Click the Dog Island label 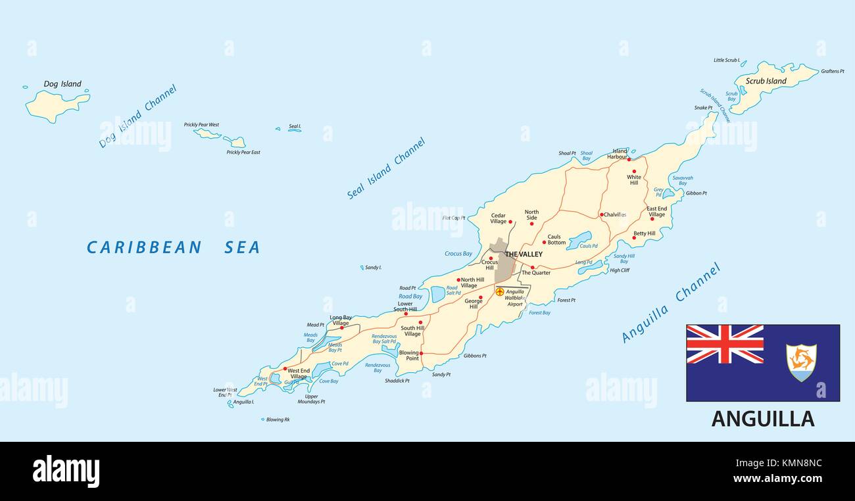(x=62, y=84)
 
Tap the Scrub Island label (x=766, y=82)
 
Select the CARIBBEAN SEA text (x=174, y=248)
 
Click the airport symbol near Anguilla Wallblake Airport (x=500, y=291)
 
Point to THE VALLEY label (x=524, y=254)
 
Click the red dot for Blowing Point (x=421, y=353)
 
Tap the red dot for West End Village (x=285, y=369)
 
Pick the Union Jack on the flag (x=725, y=344)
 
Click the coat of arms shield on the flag (x=801, y=362)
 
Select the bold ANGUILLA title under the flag (x=762, y=419)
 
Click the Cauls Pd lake (x=579, y=239)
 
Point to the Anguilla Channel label (x=671, y=302)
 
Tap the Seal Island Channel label (x=386, y=168)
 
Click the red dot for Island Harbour (x=629, y=159)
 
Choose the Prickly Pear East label (x=243, y=153)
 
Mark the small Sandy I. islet (x=362, y=268)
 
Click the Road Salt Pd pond (x=438, y=294)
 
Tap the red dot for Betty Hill (x=634, y=238)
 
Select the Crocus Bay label (x=458, y=254)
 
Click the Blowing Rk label (x=278, y=419)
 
